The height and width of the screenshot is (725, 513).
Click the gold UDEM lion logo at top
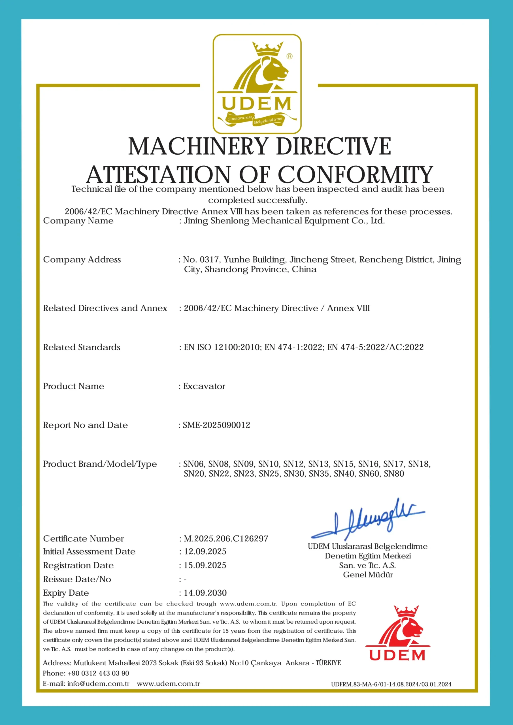coord(257,84)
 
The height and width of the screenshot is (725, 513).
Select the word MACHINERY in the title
coord(198,146)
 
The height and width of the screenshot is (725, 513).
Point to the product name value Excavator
coord(204,386)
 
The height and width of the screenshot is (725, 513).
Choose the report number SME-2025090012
coord(216,425)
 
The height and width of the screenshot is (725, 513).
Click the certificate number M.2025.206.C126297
coord(226,538)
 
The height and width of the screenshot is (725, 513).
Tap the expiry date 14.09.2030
coord(205,593)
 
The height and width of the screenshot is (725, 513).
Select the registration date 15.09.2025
coord(205,565)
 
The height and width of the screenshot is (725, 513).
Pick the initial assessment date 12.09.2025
coord(205,551)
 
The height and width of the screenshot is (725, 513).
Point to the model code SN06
coord(193,464)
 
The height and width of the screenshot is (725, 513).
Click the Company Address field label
coord(82,260)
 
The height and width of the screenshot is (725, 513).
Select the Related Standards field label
coord(82,347)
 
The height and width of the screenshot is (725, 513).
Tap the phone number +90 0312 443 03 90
coord(98,673)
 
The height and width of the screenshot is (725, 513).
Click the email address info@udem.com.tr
coord(98,684)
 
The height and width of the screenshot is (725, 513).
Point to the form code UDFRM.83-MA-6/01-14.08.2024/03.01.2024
coord(391,684)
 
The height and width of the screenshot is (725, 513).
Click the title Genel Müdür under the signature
coord(368,575)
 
